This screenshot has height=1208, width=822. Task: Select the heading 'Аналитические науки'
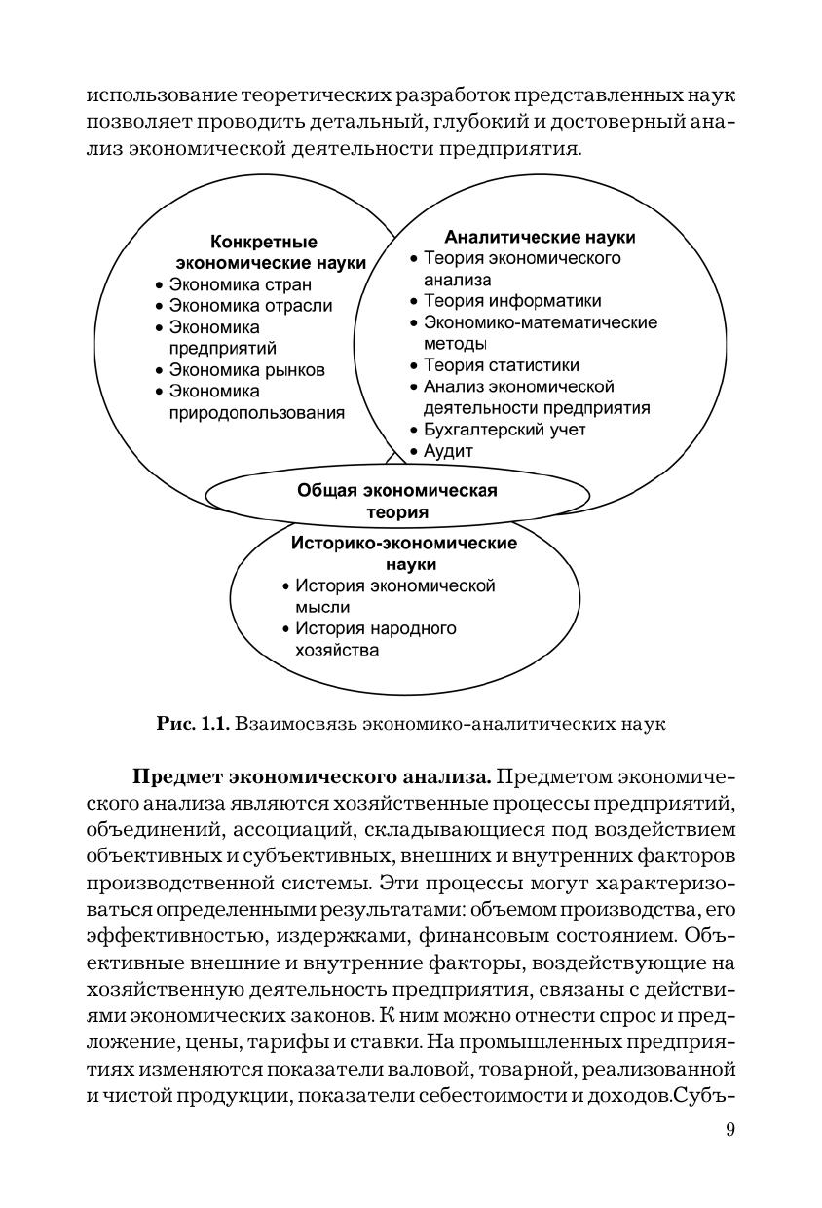click(540, 237)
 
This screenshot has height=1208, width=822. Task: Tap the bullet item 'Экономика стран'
click(240, 284)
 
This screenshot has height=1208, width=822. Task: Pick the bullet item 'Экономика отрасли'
click(249, 306)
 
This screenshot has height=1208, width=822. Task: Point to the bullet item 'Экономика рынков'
click(246, 370)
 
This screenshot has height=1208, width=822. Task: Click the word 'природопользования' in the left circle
click(256, 413)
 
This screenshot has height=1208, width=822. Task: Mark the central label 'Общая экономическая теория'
click(396, 501)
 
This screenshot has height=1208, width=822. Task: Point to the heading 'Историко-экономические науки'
click(404, 553)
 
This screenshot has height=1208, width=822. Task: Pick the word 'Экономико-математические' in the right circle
click(540, 322)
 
